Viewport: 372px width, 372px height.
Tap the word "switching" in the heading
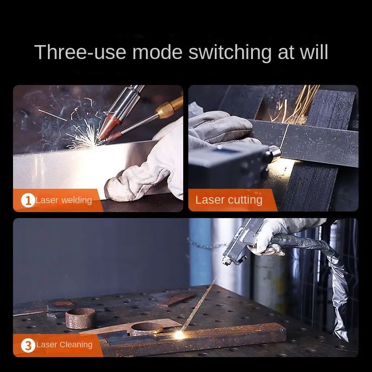tap(230, 53)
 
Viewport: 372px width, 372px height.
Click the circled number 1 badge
tap(28, 200)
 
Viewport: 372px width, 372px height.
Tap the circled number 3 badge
tap(28, 345)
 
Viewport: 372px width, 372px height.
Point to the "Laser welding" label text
tap(64, 200)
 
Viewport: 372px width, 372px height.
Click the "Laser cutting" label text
tap(229, 200)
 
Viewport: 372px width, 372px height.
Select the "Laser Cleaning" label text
tap(64, 345)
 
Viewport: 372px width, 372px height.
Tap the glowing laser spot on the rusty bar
tap(179, 334)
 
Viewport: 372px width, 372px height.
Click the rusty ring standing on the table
tap(80, 318)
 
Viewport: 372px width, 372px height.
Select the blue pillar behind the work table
tap(200, 252)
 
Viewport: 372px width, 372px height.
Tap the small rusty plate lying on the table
tap(176, 299)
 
